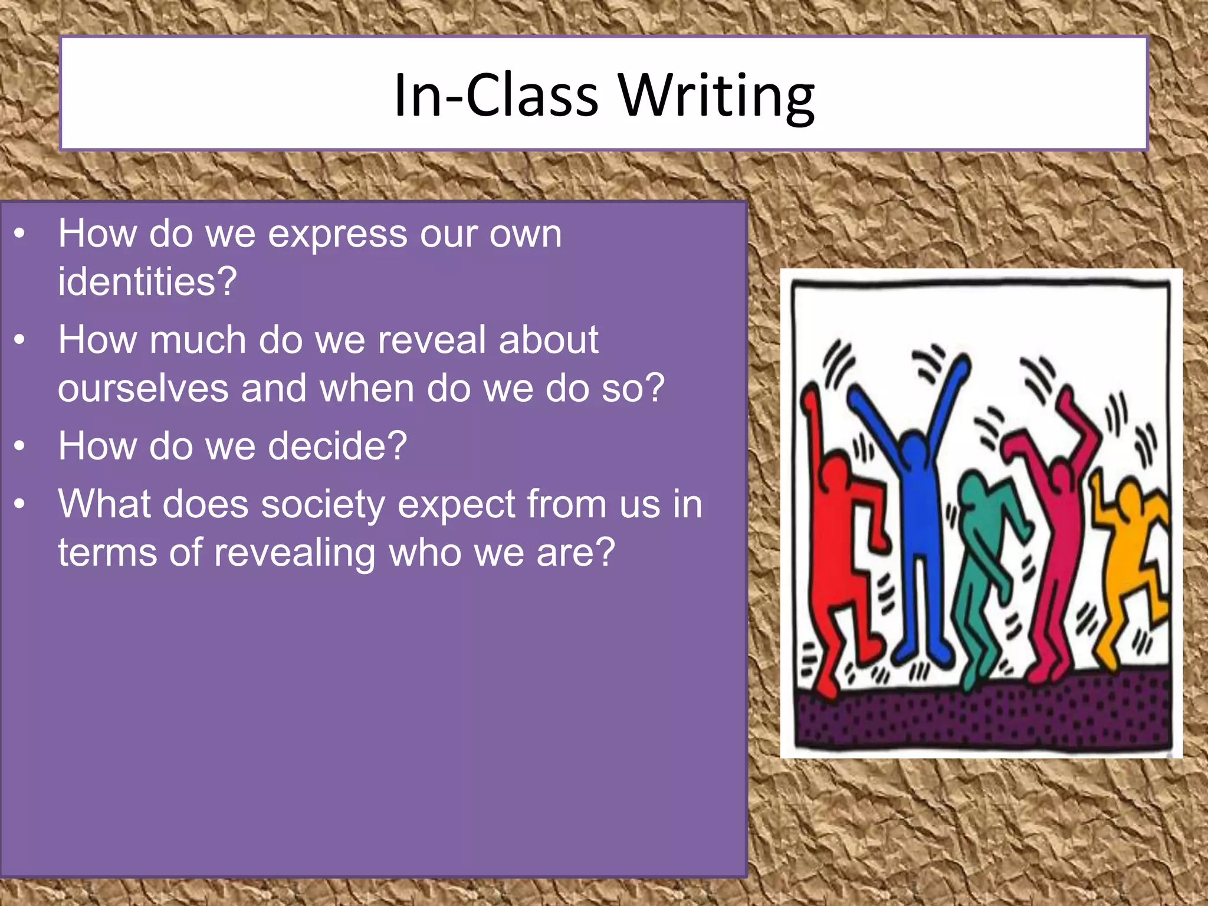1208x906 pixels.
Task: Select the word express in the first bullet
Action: tap(337, 235)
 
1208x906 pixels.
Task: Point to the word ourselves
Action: tap(143, 389)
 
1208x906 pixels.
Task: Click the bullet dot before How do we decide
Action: tap(20, 446)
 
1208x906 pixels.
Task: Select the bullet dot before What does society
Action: tap(20, 504)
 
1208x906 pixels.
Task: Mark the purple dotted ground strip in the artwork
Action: tap(979, 714)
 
